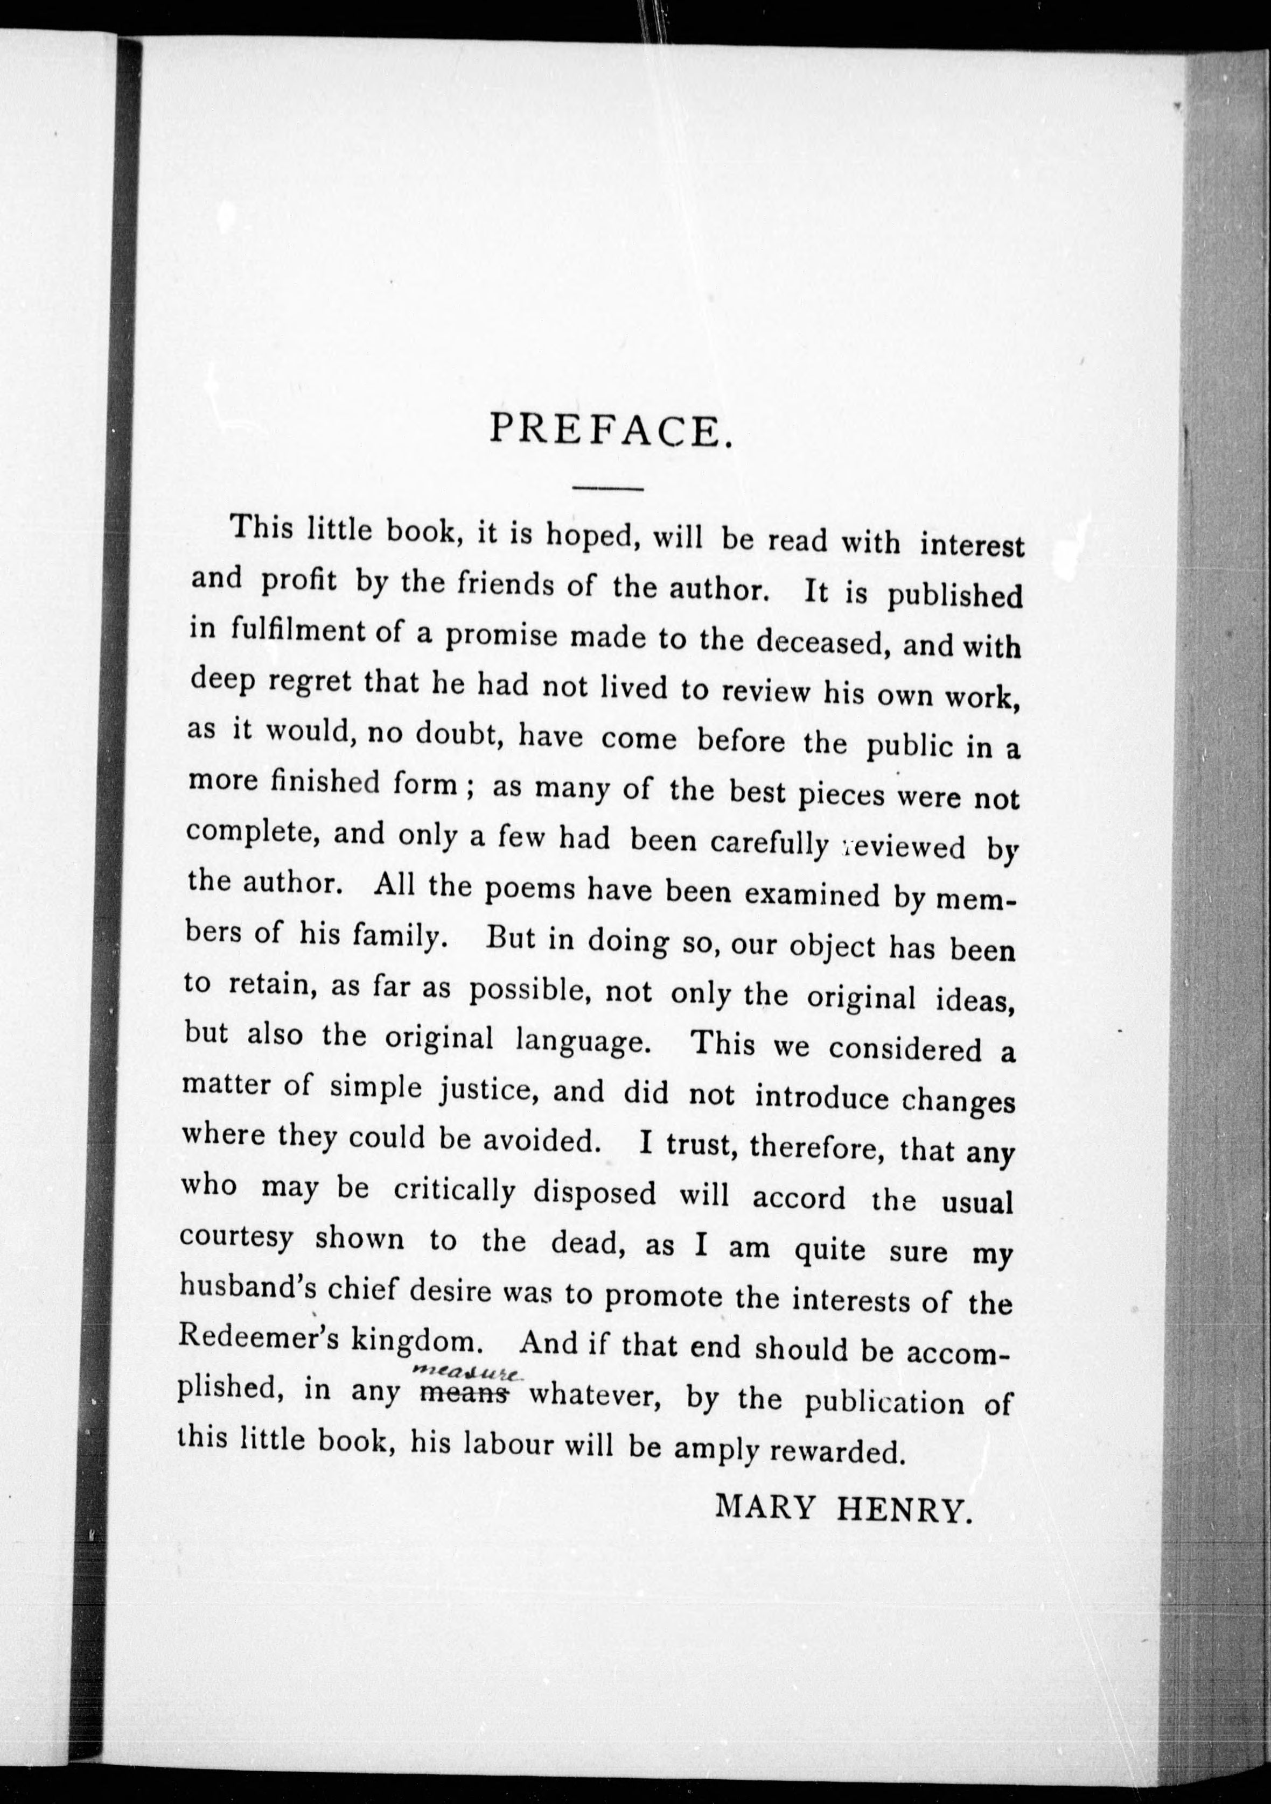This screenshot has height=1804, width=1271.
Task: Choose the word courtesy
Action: [236, 1239]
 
